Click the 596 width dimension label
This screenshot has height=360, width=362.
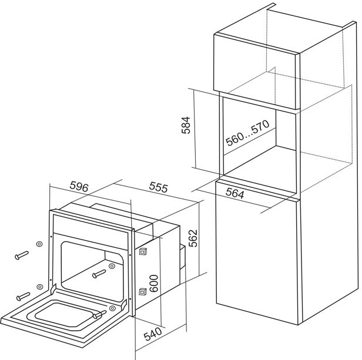(x=79, y=187)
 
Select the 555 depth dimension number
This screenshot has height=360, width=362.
(x=158, y=187)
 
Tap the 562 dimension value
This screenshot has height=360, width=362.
(x=193, y=238)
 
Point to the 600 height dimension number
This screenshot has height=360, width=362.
(x=154, y=284)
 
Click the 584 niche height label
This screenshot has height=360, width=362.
(x=186, y=125)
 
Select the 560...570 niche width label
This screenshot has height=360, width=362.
(x=247, y=133)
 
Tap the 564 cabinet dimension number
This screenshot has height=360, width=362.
(x=235, y=193)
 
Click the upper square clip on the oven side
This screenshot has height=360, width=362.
(x=143, y=251)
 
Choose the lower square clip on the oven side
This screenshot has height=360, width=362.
(x=143, y=292)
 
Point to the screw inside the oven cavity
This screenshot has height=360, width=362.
(x=99, y=274)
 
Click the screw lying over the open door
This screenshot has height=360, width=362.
(x=99, y=314)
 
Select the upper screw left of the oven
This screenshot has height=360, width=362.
(x=22, y=255)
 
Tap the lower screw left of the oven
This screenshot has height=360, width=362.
(x=23, y=297)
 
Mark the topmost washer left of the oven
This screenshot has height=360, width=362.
(x=39, y=244)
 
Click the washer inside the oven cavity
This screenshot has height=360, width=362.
(x=112, y=266)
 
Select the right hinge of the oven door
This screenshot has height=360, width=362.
(x=125, y=305)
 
